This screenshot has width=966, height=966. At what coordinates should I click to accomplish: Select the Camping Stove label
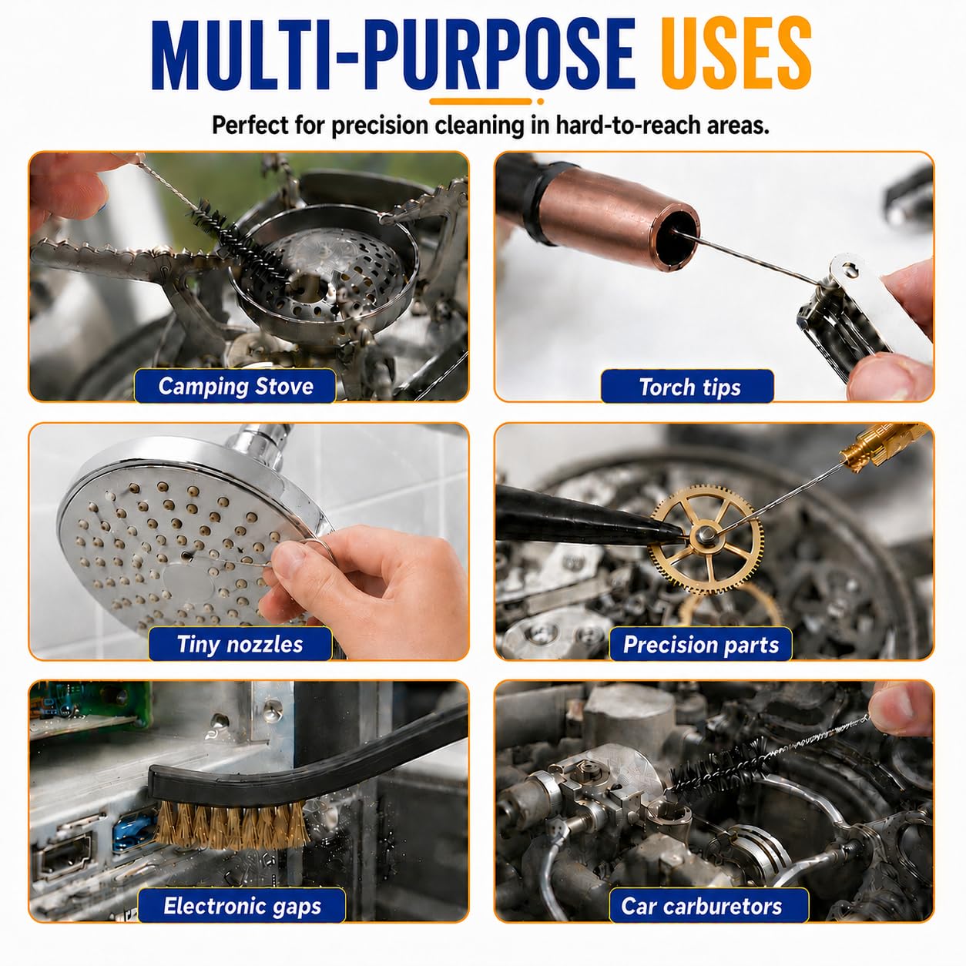236,386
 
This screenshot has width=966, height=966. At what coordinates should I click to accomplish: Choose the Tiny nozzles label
240,644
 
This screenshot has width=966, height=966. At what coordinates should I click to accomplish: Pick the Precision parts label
701,644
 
